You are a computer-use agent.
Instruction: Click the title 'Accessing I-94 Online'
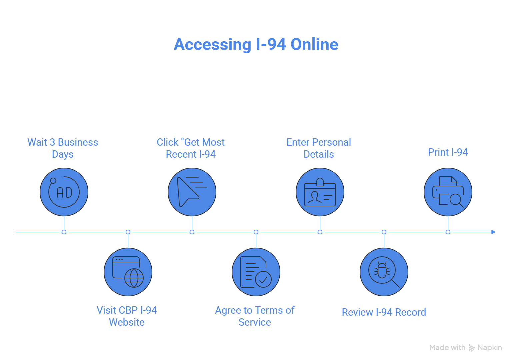pyautogui.click(x=256, y=44)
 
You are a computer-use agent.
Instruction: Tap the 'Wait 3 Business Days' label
pyautogui.click(x=63, y=148)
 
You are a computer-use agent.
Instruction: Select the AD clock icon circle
pyautogui.click(x=64, y=192)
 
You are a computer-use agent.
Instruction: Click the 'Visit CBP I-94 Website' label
pyautogui.click(x=127, y=316)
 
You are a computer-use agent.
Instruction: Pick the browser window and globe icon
pyautogui.click(x=128, y=272)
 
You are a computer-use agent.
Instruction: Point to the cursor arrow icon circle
pyautogui.click(x=192, y=192)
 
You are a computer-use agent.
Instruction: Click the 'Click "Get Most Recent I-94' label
pyautogui.click(x=191, y=148)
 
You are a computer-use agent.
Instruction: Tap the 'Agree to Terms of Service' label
pyautogui.click(x=255, y=316)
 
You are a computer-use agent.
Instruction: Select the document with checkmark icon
pyautogui.click(x=256, y=272)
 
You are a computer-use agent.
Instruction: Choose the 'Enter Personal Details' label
pyautogui.click(x=319, y=148)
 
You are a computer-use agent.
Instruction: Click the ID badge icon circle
pyautogui.click(x=320, y=192)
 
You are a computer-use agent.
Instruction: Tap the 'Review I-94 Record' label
pyautogui.click(x=384, y=312)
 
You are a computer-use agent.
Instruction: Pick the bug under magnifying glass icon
pyautogui.click(x=384, y=272)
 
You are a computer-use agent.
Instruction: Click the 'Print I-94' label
pyautogui.click(x=448, y=152)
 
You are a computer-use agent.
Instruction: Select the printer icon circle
pyautogui.click(x=448, y=192)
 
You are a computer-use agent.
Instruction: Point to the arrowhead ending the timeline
pyautogui.click(x=493, y=232)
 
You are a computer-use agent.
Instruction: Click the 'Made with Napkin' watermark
pyautogui.click(x=466, y=348)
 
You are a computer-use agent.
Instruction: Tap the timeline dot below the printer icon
pyautogui.click(x=448, y=232)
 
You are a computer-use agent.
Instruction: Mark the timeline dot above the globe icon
pyautogui.click(x=128, y=232)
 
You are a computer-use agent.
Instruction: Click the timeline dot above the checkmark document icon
pyautogui.click(x=256, y=232)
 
